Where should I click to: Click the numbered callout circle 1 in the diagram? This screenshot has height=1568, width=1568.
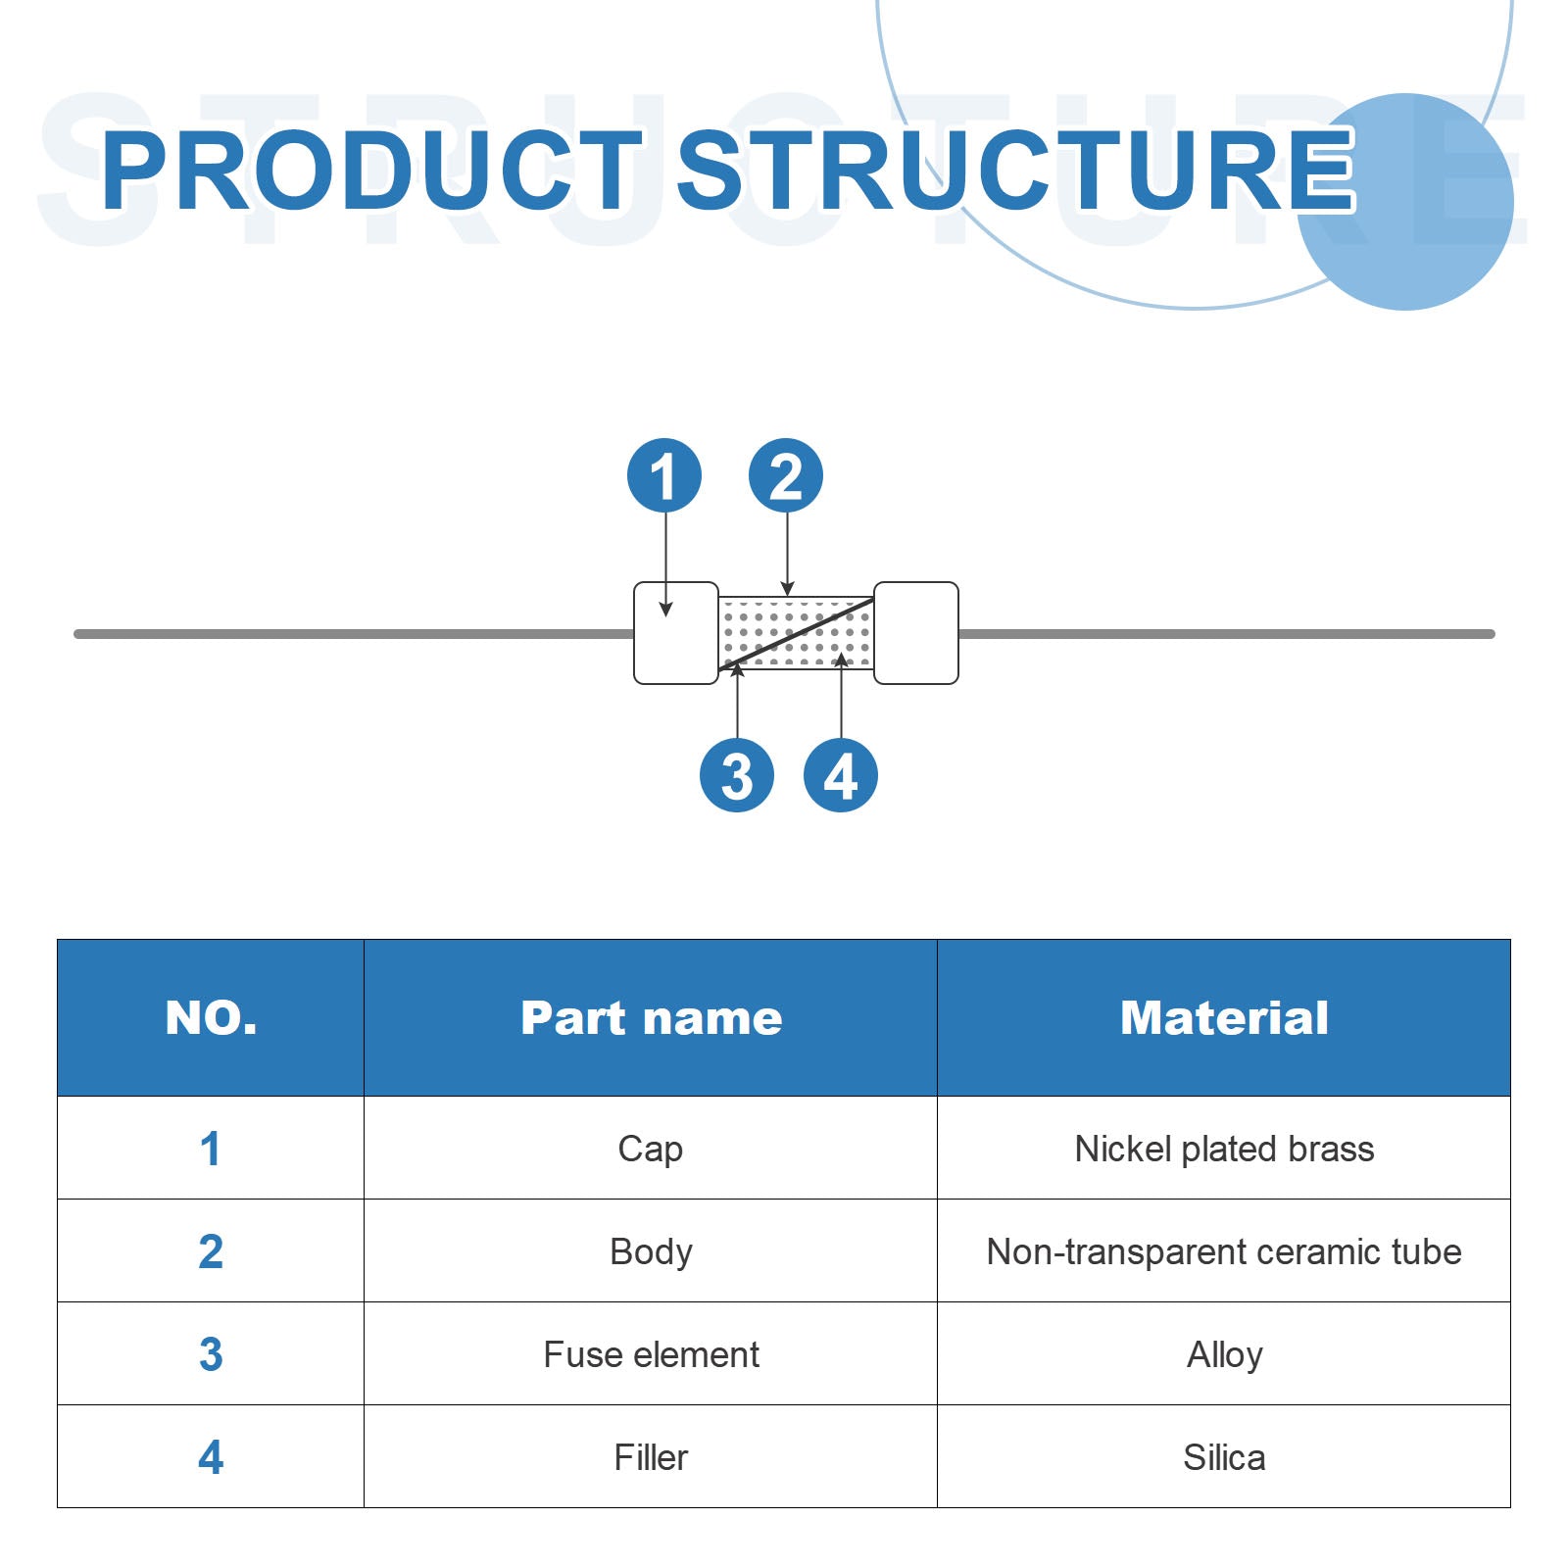(664, 475)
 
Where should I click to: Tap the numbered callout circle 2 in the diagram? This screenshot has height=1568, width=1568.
(786, 475)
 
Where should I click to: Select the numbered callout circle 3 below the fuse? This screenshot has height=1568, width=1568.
(737, 775)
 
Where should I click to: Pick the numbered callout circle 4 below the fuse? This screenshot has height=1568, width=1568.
(841, 775)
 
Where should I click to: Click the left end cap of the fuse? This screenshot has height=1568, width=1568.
(676, 633)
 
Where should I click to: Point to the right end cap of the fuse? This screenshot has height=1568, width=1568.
(916, 633)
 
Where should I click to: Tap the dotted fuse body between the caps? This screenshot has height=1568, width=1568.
(796, 633)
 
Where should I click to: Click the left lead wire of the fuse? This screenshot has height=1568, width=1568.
(354, 634)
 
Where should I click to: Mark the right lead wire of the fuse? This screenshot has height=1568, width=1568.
(1227, 634)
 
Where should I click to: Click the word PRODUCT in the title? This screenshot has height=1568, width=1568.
(372, 171)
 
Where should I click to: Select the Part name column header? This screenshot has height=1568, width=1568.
(651, 1017)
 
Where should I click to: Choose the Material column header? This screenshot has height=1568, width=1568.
(1224, 1017)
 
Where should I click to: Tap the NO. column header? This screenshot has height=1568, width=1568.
(211, 1017)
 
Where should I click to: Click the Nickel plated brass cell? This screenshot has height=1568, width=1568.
(1224, 1148)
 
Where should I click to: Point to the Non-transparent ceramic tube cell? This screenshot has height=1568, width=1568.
(1224, 1251)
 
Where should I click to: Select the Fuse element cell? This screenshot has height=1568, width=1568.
(651, 1354)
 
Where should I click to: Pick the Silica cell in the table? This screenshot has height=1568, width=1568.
(1224, 1457)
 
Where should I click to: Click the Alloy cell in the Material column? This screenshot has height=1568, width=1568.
(1224, 1354)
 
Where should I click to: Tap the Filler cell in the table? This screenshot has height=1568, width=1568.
(651, 1457)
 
